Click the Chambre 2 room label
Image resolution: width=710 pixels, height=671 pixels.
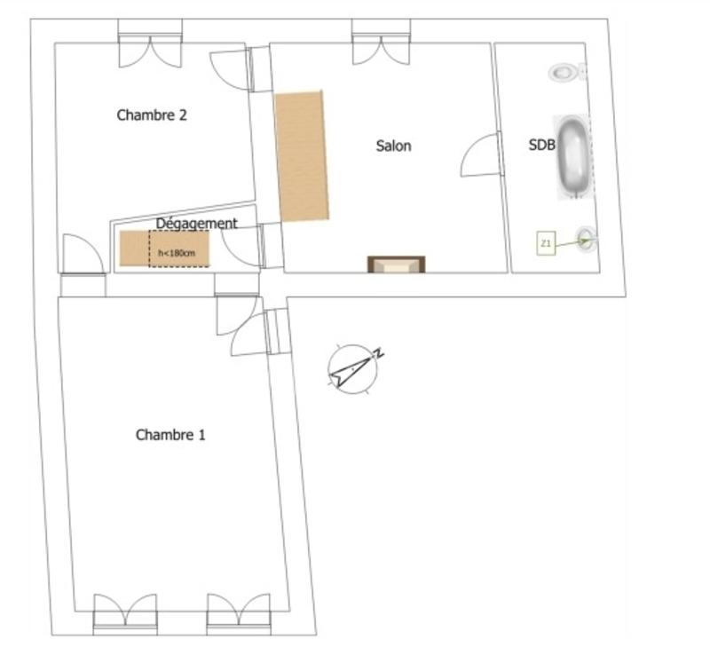pos(152,115)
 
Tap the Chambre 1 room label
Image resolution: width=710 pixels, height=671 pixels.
pos(170,435)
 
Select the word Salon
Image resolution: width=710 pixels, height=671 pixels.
pos(393,146)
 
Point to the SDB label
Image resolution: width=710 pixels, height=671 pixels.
pos(541,146)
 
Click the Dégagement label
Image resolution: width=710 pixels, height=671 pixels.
pos(196,224)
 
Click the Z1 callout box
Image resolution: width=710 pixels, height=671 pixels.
pos(546,242)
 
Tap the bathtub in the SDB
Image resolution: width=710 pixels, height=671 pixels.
pos(572,155)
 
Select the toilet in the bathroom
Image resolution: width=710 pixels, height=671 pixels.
pos(564,72)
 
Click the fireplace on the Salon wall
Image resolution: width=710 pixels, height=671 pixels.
pos(396,264)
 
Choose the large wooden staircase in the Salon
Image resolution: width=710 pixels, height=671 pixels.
pos(302,155)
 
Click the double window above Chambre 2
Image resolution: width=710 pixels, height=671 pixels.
pos(151,44)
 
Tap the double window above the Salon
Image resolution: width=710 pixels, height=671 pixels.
pos(380,44)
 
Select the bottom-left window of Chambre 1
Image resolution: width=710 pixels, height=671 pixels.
pos(125,613)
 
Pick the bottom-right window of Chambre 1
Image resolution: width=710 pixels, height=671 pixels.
pos(238,613)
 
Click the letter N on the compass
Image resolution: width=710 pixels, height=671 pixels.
pos(378,354)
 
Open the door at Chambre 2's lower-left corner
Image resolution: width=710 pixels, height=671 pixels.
pos(83,257)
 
